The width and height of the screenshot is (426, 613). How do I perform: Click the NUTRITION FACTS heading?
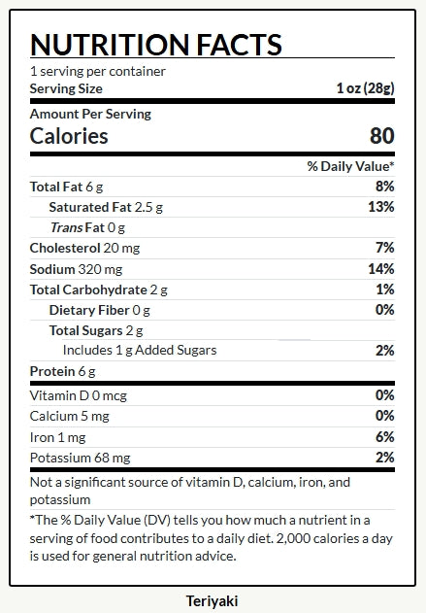(x=156, y=44)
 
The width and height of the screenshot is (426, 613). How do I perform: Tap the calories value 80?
(x=382, y=136)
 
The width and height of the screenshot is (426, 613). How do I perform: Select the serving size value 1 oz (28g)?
(x=366, y=88)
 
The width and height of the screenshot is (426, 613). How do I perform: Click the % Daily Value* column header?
(x=350, y=166)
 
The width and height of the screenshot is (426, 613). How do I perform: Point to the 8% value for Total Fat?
(x=384, y=187)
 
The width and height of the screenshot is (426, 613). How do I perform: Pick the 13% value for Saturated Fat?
(x=381, y=206)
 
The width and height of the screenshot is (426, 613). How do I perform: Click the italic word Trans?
(x=66, y=227)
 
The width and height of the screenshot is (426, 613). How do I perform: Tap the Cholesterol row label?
(x=65, y=248)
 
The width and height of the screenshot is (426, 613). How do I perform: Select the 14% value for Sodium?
(x=381, y=268)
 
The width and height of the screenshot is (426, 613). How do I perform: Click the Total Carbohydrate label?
(x=88, y=289)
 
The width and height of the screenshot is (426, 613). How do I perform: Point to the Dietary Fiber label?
(x=89, y=310)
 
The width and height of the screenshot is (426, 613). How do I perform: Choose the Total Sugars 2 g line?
(x=96, y=330)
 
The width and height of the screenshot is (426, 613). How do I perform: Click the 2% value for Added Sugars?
(x=384, y=351)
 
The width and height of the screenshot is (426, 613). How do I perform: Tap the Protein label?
(x=52, y=371)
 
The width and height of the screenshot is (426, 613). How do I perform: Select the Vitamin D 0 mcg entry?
(x=79, y=395)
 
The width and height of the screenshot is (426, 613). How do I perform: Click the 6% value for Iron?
(x=384, y=437)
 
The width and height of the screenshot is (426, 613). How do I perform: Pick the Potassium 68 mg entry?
(x=80, y=458)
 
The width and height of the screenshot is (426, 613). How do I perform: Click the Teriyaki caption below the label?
(x=212, y=601)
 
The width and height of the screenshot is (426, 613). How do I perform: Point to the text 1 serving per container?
(x=98, y=71)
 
